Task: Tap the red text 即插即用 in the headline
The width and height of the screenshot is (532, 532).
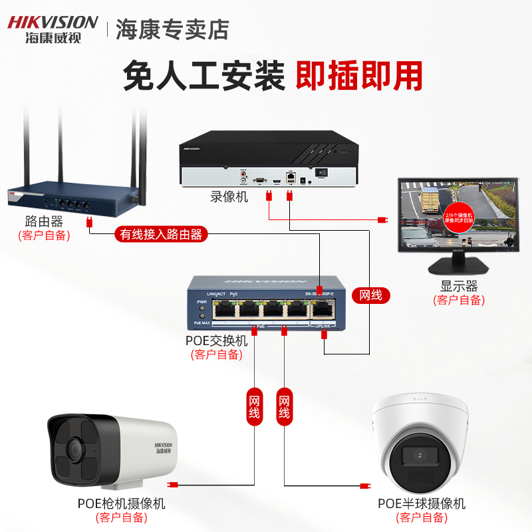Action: click(x=358, y=76)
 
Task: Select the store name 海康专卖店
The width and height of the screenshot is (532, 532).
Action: click(x=172, y=29)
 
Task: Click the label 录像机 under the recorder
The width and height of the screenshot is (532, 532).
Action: click(x=229, y=197)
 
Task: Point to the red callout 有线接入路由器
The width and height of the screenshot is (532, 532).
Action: click(x=160, y=234)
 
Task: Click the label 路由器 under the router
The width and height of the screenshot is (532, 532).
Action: click(x=43, y=221)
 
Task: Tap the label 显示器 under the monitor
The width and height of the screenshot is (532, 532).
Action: click(x=459, y=287)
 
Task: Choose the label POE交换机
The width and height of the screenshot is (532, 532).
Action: click(x=216, y=340)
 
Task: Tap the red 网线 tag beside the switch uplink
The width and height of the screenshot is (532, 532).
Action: click(x=370, y=295)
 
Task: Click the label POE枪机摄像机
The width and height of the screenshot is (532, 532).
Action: click(x=121, y=503)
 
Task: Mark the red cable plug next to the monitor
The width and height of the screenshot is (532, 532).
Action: click(x=382, y=219)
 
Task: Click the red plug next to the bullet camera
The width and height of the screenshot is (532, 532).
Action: click(x=173, y=485)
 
